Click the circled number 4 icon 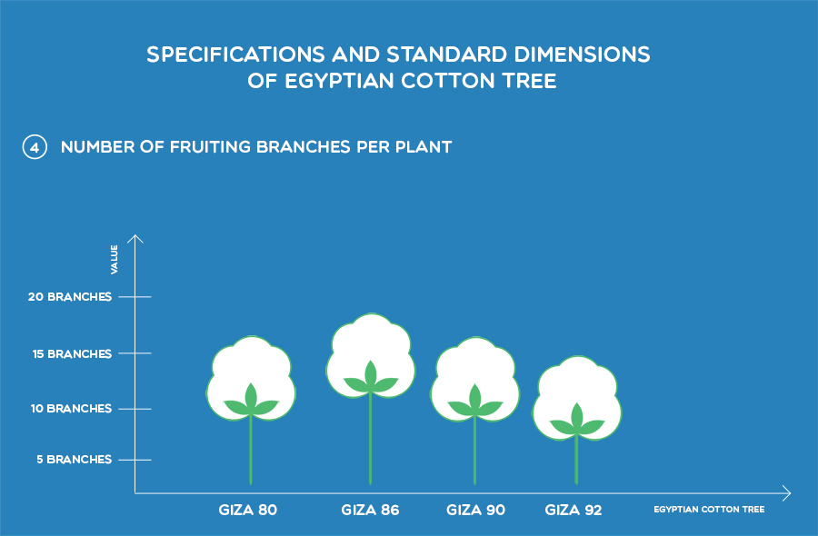pyautogui.click(x=35, y=147)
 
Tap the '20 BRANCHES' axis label pyautogui.click(x=70, y=297)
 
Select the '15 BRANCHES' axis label pyautogui.click(x=72, y=354)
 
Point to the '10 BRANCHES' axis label pyautogui.click(x=71, y=408)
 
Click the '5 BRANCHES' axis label pyautogui.click(x=75, y=460)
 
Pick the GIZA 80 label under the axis pyautogui.click(x=248, y=510)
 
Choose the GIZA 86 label pyautogui.click(x=371, y=510)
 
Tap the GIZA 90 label pyautogui.click(x=475, y=510)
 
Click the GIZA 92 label pyautogui.click(x=574, y=510)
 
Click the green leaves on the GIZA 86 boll pyautogui.click(x=371, y=378)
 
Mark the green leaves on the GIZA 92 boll pyautogui.click(x=576, y=421)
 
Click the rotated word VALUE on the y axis pyautogui.click(x=115, y=259)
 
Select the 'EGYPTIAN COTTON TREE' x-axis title pyautogui.click(x=709, y=510)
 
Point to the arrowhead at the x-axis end pyautogui.click(x=787, y=492)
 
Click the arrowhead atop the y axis pyautogui.click(x=135, y=239)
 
